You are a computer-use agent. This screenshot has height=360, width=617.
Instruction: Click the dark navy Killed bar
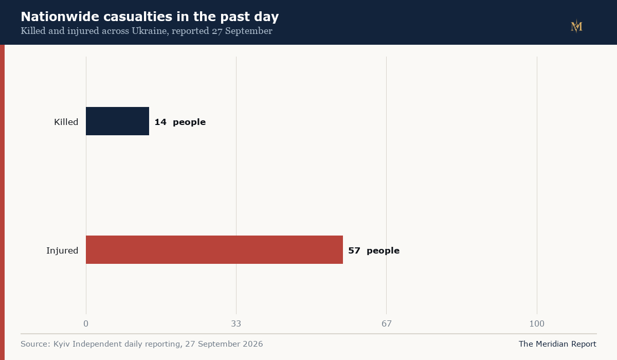(117, 121)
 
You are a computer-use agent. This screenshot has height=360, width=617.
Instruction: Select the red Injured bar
(214, 249)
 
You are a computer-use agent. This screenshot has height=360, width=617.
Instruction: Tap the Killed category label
(66, 122)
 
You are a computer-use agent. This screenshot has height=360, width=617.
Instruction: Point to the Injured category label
(62, 250)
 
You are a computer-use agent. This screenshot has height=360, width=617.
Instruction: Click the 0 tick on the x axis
(86, 323)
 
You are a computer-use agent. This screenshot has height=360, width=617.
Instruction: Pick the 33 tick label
(236, 323)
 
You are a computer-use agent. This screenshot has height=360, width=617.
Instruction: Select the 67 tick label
(387, 323)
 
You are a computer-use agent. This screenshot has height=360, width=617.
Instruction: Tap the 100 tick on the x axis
(537, 323)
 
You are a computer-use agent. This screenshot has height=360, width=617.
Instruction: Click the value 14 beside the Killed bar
(160, 122)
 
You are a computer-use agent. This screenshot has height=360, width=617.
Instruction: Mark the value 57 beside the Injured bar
(354, 250)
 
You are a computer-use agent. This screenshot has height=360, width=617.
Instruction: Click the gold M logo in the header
(576, 26)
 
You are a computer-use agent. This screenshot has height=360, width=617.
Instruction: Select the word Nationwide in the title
(60, 16)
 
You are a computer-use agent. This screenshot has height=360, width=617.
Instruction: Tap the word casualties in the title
(138, 16)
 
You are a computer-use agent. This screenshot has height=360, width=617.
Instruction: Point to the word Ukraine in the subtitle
(150, 30)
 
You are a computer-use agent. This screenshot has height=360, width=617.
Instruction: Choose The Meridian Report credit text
(557, 344)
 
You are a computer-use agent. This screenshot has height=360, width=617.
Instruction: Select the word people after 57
(383, 251)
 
